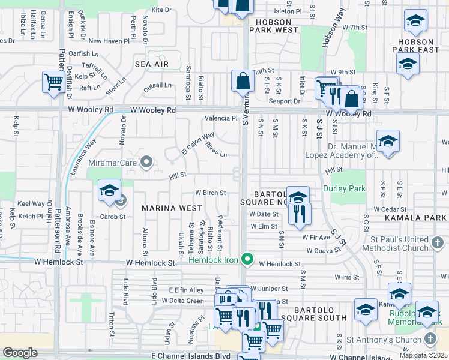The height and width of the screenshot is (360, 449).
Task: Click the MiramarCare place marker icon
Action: coord(146,162)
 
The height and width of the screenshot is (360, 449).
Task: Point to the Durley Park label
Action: coord(344,188)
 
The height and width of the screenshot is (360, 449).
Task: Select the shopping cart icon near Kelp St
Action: coord(54,82)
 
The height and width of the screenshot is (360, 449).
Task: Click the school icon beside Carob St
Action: coord(110,191)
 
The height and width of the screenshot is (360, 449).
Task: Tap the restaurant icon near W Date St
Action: coord(300,213)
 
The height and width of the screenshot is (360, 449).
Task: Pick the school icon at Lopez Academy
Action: coord(388,142)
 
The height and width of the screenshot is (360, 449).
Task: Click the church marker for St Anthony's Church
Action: coord(430,339)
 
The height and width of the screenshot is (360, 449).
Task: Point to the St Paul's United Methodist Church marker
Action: coord(438,243)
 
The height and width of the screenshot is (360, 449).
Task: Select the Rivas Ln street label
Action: coord(216,149)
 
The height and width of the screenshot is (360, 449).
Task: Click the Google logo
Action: coord(20,353)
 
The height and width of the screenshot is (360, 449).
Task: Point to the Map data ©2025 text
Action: coord(423,355)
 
